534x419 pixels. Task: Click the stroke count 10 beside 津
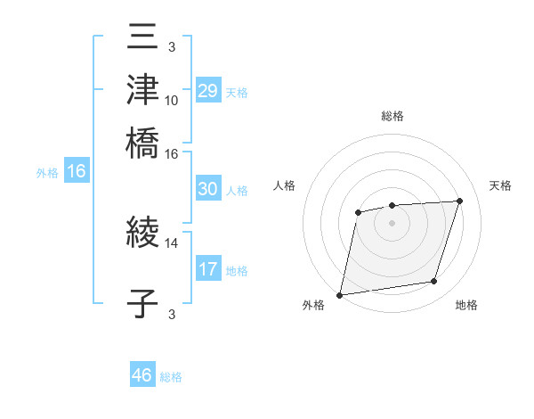172,101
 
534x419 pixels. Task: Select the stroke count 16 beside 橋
172,153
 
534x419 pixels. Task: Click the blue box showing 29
208,91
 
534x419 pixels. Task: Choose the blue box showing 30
208,189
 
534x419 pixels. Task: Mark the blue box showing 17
208,269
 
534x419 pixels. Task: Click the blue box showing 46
142,375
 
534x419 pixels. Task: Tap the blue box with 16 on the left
77,172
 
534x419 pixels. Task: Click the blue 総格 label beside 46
171,377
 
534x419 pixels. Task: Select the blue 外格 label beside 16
46,173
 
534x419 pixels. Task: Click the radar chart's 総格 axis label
392,116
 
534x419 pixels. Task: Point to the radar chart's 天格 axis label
501,185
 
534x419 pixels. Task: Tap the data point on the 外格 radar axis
340,294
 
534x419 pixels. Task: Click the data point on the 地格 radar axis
434,282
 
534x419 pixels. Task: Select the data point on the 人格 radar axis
358,212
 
